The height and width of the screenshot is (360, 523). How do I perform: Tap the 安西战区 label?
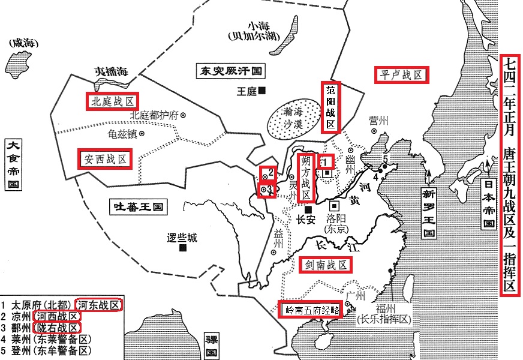tap(105, 158)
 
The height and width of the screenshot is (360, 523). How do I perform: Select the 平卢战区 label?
tap(402, 75)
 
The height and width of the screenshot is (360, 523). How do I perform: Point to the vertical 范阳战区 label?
tap(330, 107)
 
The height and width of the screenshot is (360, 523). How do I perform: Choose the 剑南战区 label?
tap(324, 265)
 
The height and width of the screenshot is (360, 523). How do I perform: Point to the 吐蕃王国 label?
tap(139, 208)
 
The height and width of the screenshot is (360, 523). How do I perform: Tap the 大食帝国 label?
tap(11, 164)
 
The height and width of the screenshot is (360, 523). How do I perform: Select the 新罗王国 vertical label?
tap(428, 213)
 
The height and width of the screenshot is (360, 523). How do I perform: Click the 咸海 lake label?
tap(19, 43)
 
